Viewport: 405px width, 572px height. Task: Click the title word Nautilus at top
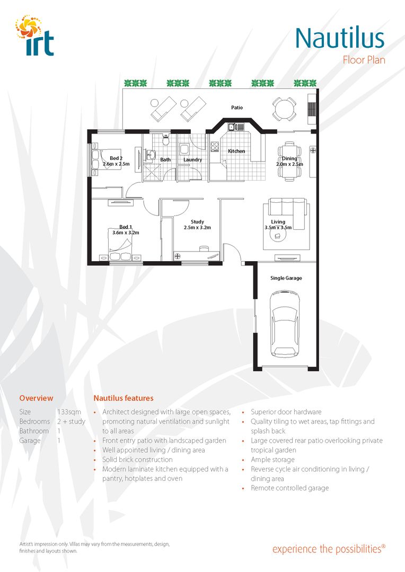pyautogui.click(x=339, y=38)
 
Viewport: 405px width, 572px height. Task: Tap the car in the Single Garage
pyautogui.click(x=285, y=324)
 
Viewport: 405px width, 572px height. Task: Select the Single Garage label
pyautogui.click(x=286, y=278)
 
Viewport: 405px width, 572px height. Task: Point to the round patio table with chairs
pyautogui.click(x=284, y=109)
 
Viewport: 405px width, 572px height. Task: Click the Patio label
pyautogui.click(x=237, y=108)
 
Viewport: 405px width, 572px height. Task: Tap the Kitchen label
pyautogui.click(x=236, y=151)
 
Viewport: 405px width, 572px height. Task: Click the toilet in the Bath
pyautogui.click(x=166, y=140)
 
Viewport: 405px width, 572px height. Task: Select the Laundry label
pyautogui.click(x=192, y=159)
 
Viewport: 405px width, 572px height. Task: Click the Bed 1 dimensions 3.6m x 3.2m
pyautogui.click(x=126, y=233)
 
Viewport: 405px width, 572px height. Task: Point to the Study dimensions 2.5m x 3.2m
pyautogui.click(x=197, y=228)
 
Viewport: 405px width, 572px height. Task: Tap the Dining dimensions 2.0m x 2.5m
pyautogui.click(x=289, y=164)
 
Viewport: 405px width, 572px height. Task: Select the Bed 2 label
pyautogui.click(x=116, y=158)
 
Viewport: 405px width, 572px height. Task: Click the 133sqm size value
pyautogui.click(x=67, y=412)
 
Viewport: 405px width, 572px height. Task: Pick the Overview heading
pyautogui.click(x=36, y=398)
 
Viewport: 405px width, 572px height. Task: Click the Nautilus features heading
pyautogui.click(x=124, y=398)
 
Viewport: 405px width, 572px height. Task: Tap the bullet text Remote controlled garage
pyautogui.click(x=289, y=488)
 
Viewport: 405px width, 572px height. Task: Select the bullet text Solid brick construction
pyautogui.click(x=137, y=460)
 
